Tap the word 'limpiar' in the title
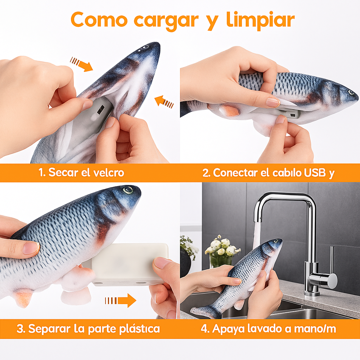click(261, 20)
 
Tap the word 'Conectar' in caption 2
click(235, 173)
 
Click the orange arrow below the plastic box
click(121, 300)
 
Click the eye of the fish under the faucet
click(276, 241)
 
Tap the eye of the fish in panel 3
click(128, 190)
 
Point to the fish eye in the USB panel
click(351, 92)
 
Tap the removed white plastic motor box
click(129, 264)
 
